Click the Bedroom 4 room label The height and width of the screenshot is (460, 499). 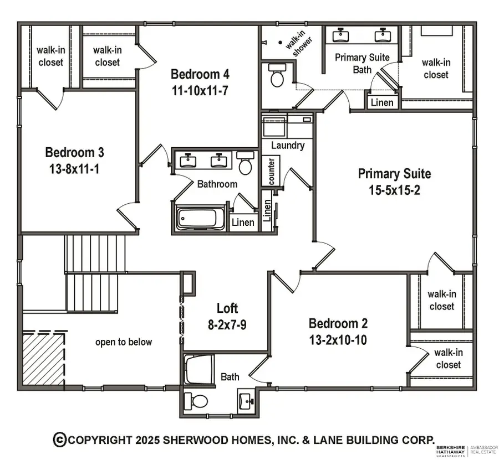coord(200,74)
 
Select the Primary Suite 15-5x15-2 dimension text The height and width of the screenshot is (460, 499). coord(394,190)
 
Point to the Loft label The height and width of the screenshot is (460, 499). coord(227,308)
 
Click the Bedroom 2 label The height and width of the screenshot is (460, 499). coord(338,323)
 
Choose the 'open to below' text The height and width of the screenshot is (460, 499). coord(123,342)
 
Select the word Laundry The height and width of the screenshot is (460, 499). coord(287,146)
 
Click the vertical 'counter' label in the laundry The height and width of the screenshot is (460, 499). coord(272,172)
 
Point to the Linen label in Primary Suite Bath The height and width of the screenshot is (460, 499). coord(382,102)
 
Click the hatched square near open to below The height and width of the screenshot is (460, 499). coord(44,358)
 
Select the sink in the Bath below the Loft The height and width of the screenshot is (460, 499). coord(245,400)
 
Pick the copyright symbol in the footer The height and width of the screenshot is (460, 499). coord(59,440)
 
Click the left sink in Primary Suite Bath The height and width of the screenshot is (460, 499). coord(340,36)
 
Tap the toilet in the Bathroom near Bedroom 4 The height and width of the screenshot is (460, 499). coord(245,163)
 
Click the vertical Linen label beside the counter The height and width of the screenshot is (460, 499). coord(267,211)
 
